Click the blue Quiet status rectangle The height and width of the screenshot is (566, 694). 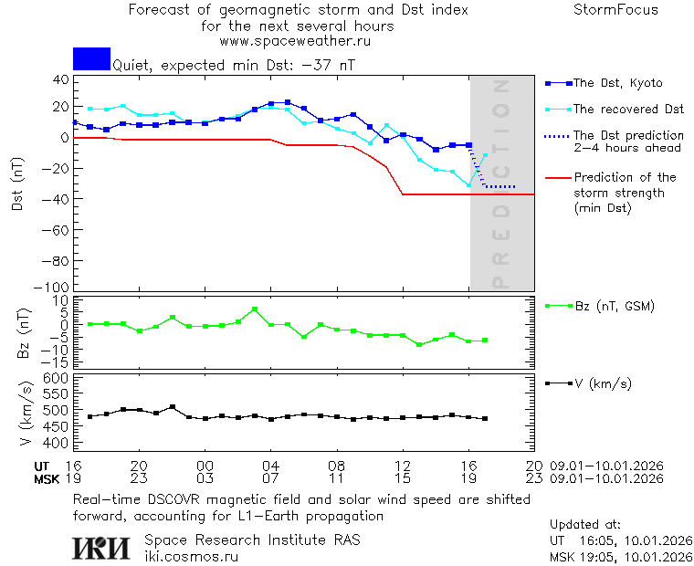[91, 58]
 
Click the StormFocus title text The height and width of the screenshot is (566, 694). [615, 10]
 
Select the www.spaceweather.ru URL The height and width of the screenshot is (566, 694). [295, 41]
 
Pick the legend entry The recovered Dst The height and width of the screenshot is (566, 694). [628, 110]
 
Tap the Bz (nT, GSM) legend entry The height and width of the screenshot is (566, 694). [614, 306]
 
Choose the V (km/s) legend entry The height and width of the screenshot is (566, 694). [602, 383]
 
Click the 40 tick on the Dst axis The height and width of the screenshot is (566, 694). [62, 79]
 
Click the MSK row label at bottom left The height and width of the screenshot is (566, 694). [47, 478]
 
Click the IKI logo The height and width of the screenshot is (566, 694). [100, 547]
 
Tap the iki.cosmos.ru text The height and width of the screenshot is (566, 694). [191, 555]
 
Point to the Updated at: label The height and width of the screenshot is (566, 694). [584, 525]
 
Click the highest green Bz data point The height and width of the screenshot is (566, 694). [255, 309]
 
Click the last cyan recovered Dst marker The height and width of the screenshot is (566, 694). [486, 155]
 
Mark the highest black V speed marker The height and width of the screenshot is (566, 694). [172, 407]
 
